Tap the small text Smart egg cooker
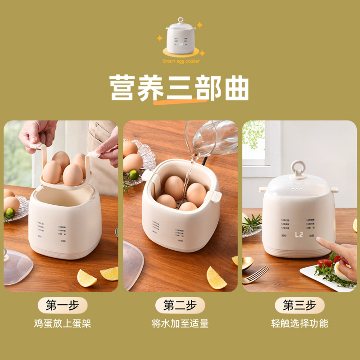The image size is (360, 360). tap(181, 61)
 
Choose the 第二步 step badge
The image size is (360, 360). tap(180, 306)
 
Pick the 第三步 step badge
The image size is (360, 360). tap(299, 306)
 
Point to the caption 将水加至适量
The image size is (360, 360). tap(180, 323)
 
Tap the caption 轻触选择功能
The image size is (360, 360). tap(299, 323)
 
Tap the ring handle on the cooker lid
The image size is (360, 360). tap(298, 169)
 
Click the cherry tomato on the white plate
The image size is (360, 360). tap(325, 263)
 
